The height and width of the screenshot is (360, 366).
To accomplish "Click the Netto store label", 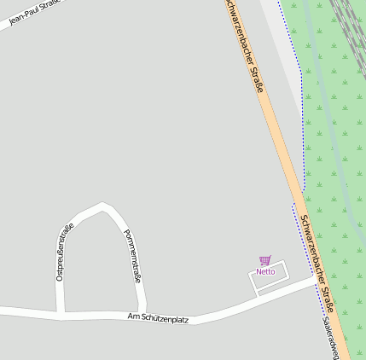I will click(265, 271).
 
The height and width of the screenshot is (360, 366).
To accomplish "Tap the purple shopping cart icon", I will click(264, 260).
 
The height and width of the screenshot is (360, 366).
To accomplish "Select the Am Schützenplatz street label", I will click(157, 317).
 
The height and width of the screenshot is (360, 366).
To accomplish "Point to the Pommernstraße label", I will click(131, 255).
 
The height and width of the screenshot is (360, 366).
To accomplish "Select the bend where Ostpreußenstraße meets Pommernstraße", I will click(104, 206).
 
